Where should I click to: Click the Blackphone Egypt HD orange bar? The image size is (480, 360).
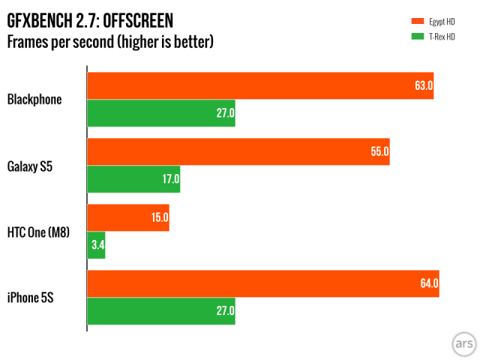click(260, 85)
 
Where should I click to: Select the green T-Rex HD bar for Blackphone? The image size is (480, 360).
click(161, 113)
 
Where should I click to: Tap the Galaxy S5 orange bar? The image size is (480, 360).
click(238, 151)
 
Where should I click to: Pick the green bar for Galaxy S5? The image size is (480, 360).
click(133, 179)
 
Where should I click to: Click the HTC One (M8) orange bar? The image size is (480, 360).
click(128, 217)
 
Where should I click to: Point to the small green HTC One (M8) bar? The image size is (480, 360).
click(96, 245)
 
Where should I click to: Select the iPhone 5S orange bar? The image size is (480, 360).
click(263, 283)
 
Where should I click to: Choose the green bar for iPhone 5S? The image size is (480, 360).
click(161, 311)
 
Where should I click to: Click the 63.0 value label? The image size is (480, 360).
click(424, 85)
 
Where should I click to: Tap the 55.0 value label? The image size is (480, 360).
click(379, 151)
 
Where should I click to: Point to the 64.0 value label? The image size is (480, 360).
click(429, 283)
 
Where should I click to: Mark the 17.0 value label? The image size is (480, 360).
click(170, 179)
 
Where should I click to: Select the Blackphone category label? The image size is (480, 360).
click(34, 99)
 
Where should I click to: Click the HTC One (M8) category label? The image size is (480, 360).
click(38, 232)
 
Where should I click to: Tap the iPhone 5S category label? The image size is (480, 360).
click(31, 298)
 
